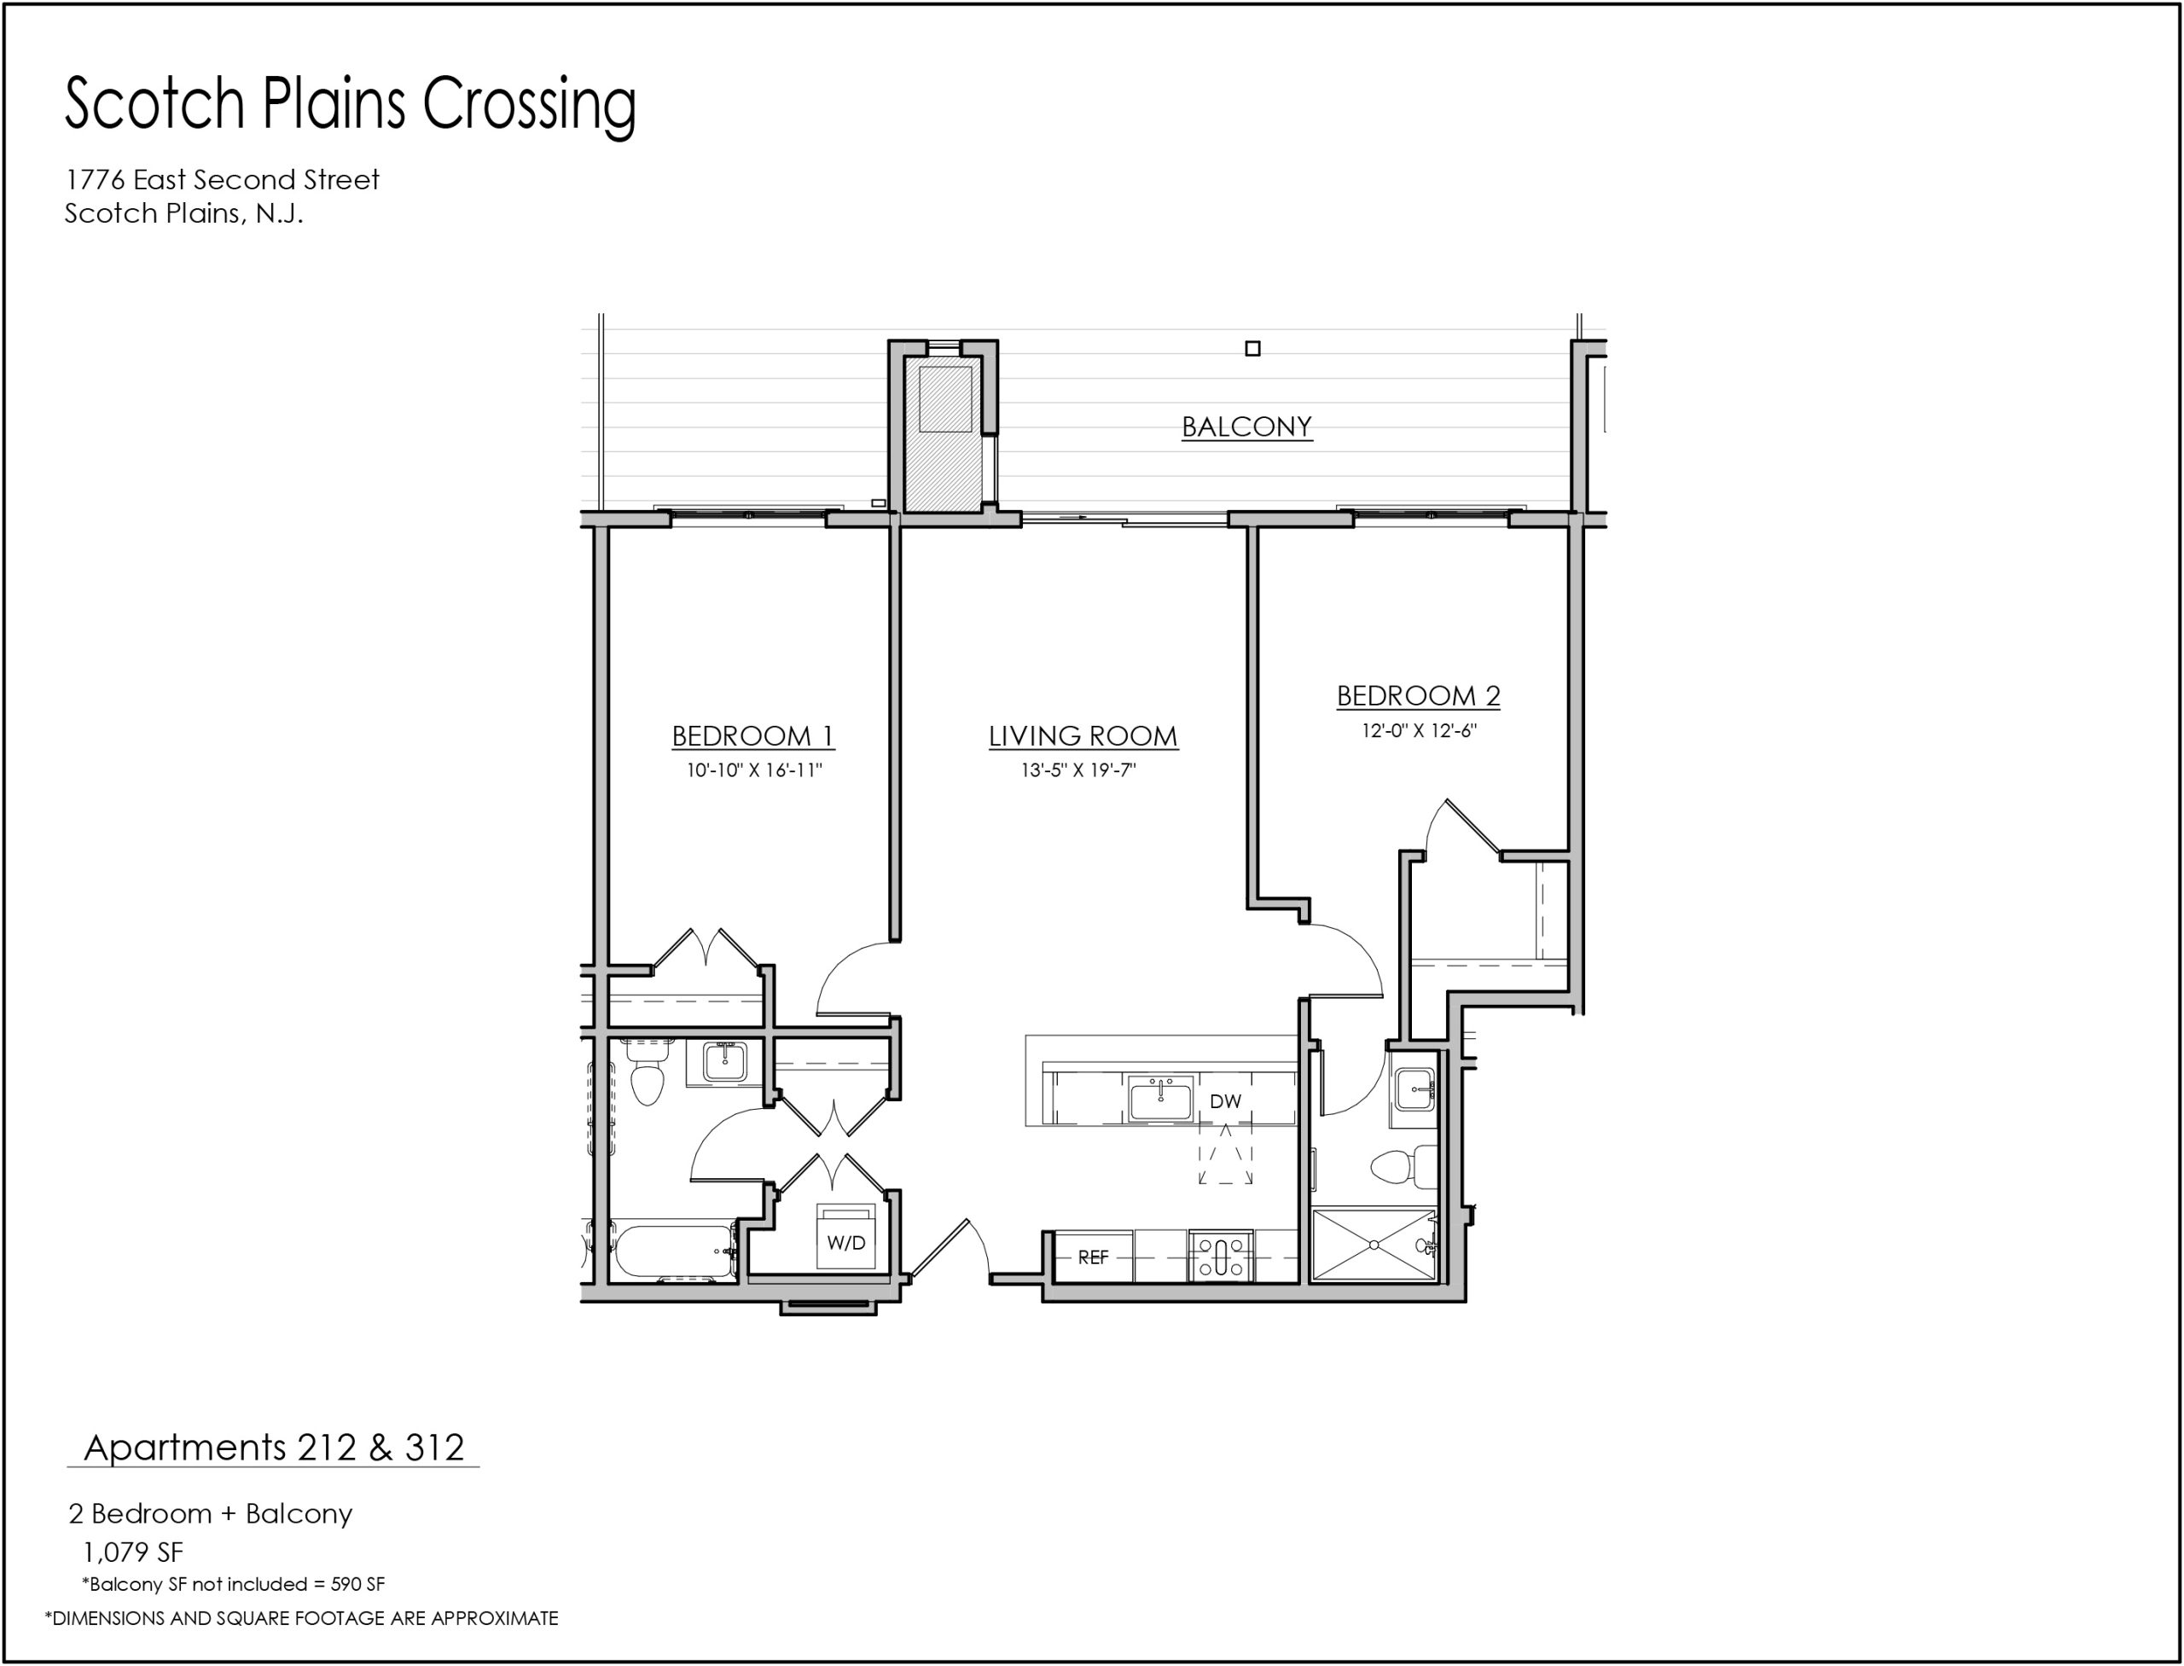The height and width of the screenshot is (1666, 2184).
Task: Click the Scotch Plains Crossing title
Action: tap(350, 105)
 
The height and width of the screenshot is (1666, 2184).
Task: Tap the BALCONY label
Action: tap(1246, 427)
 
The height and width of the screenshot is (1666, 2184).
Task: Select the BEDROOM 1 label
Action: tap(752, 736)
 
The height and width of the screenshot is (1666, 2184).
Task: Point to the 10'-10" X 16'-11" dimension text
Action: tap(755, 770)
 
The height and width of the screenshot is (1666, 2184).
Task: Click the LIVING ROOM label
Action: tap(1083, 736)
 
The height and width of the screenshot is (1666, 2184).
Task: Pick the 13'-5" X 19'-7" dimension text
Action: tap(1078, 770)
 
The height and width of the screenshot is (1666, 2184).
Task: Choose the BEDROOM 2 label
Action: tap(1418, 696)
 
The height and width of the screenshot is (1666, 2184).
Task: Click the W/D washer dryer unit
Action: tap(846, 1235)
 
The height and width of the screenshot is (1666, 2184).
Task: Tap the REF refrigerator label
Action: tap(1093, 1257)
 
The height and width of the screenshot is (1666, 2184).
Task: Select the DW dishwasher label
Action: tap(1226, 1100)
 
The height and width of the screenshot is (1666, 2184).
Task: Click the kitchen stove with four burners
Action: tap(1221, 1257)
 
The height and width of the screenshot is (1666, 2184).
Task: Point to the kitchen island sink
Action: tap(1160, 1100)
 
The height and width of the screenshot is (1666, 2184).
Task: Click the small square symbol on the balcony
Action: tap(1252, 348)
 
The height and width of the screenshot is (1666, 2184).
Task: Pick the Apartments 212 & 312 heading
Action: tap(274, 1448)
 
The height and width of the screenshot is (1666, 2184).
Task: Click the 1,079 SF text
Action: tap(132, 1552)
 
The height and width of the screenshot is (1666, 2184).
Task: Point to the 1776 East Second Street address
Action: tap(222, 179)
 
